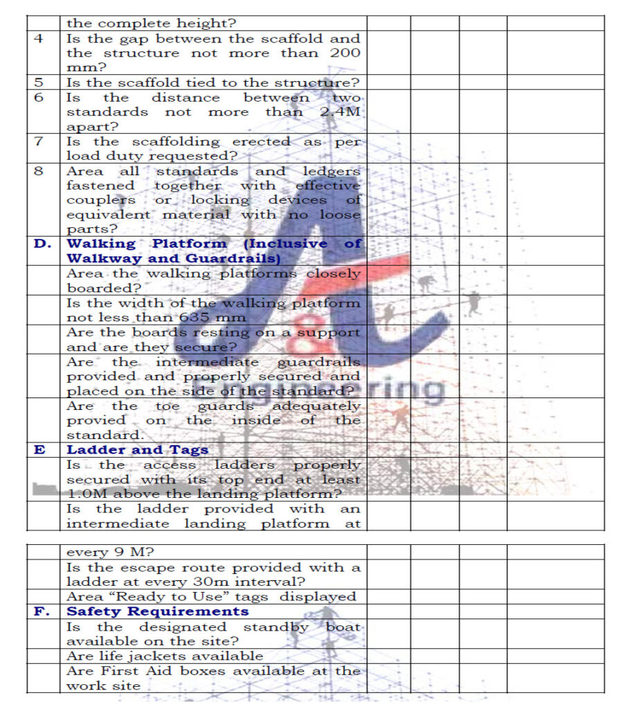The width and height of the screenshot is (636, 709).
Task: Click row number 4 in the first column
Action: pos(39,39)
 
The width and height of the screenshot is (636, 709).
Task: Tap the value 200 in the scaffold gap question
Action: pos(344,53)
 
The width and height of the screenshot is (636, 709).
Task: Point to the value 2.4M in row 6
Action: pos(340,112)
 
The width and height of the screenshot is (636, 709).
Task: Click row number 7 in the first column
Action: pos(39,142)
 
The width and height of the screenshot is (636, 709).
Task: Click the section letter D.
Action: pos(42,244)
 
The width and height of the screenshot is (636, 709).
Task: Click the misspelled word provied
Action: pos(96,420)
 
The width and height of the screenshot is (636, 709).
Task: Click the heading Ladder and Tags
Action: pos(137,450)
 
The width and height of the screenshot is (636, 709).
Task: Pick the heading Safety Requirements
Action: pos(157,611)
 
